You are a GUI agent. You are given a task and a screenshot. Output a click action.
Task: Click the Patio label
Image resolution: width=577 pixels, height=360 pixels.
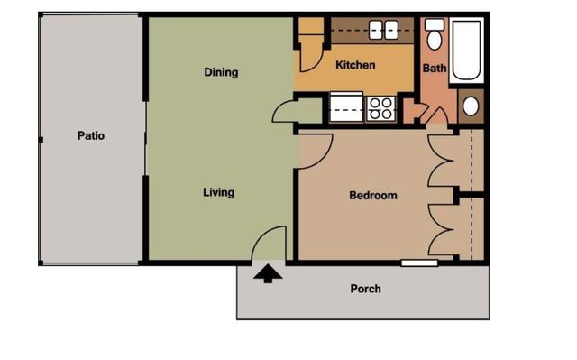[x=91, y=136]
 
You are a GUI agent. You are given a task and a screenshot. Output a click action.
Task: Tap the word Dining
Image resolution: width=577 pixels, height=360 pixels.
[x=221, y=72]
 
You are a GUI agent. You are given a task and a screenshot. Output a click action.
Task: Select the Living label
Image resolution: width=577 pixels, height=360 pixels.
[x=218, y=192]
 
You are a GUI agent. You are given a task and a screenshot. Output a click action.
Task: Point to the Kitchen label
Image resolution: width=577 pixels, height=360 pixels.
[x=355, y=65]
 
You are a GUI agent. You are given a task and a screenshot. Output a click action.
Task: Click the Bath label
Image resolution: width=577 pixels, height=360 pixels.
[x=435, y=68]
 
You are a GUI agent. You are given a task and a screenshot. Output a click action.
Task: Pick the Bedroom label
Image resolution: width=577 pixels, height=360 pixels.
[x=373, y=195]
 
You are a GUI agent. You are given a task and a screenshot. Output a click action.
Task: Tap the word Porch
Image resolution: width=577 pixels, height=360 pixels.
[x=365, y=289]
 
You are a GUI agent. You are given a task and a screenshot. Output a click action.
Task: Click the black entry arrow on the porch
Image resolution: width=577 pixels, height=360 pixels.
[x=268, y=273]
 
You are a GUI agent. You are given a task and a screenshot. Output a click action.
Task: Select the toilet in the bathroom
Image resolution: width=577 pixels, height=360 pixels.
[x=435, y=34]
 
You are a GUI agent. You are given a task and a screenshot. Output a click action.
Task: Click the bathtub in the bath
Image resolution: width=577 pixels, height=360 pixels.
[x=466, y=51]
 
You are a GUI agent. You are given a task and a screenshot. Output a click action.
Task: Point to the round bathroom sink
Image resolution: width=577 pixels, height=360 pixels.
[x=471, y=106]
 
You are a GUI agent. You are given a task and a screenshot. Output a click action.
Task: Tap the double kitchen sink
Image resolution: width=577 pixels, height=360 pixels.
[x=383, y=30]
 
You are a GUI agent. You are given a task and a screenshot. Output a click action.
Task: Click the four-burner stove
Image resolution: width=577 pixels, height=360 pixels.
[x=380, y=108]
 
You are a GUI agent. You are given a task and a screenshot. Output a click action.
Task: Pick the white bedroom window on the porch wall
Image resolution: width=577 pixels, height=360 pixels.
[x=419, y=263]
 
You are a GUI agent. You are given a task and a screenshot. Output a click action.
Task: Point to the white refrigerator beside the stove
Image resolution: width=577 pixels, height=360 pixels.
[x=346, y=106]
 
